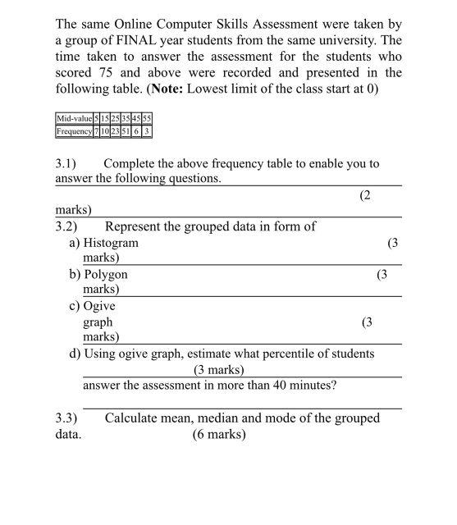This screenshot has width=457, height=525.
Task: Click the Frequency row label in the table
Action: point(74,130)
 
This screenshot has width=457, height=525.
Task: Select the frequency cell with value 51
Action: point(126,130)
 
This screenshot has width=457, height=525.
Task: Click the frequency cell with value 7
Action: point(95,130)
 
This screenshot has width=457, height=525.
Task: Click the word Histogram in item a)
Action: point(111,243)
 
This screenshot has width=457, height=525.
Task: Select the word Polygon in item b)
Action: point(105,275)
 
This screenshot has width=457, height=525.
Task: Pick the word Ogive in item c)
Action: point(100,307)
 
